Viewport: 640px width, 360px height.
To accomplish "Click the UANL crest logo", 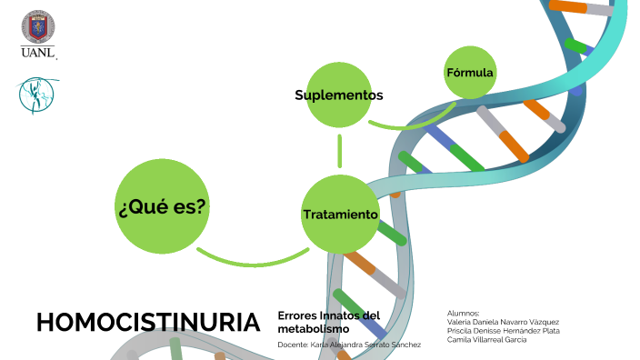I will point(37,28).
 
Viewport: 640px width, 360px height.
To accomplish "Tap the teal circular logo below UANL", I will point(34,95).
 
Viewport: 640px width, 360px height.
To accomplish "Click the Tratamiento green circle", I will point(339,215).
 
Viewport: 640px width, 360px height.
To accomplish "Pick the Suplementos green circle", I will point(339,95).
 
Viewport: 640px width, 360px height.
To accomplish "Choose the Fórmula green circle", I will point(470,72).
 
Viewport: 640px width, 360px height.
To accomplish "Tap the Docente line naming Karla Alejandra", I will point(349,345).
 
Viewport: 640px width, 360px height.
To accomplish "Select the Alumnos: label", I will point(464,312).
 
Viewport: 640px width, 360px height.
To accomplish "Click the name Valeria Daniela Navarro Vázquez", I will point(503,321).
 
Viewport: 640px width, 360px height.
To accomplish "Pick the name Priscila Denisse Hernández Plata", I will point(504,330).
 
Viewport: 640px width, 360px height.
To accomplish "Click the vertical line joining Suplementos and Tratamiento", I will point(339,151).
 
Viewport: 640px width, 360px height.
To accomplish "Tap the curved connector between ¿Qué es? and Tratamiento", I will point(250,262).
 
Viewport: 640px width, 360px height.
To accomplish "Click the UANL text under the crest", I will point(38,54).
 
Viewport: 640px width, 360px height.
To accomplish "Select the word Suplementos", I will point(339,95).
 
